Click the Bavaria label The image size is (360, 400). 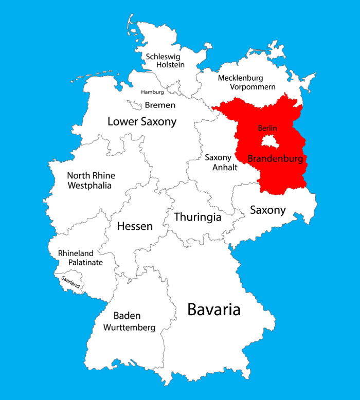click(213, 310)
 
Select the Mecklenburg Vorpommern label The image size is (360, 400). click(247, 82)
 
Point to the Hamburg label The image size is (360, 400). click(153, 92)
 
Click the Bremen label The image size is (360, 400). click(160, 105)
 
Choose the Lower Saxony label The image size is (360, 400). click(142, 122)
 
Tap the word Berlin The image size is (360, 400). click(267, 128)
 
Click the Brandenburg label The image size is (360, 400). click(275, 158)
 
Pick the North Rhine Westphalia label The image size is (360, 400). click(91, 180)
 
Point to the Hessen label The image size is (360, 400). click(135, 226)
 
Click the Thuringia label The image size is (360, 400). click(197, 217)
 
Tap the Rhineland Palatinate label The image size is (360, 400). click(80, 258)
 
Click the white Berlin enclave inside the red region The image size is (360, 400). click(270, 141)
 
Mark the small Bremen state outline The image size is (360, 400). click(135, 105)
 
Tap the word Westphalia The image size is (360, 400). click(89, 185)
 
